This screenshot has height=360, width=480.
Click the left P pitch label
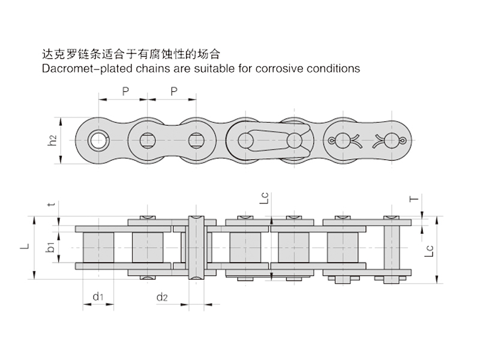coord(125,91)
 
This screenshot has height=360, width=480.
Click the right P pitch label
coord(173,91)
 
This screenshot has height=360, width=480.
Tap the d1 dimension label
coord(98,297)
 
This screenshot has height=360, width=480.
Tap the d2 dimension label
coord(162,297)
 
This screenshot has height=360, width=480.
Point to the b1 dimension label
coord(53,247)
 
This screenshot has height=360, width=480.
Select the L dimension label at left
coord(24,246)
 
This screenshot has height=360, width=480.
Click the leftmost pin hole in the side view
coord(96,141)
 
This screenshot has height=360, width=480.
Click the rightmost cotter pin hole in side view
coord(391,141)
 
